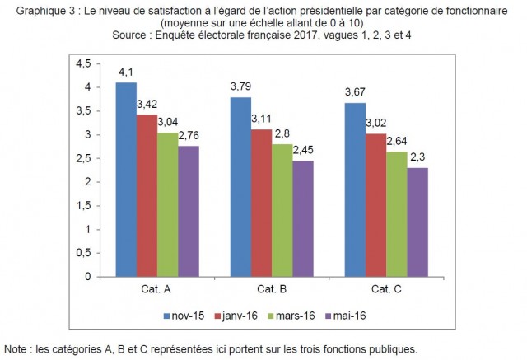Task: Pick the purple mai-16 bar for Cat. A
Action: click(189, 211)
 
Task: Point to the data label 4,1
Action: click(126, 72)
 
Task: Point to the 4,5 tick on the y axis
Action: click(82, 63)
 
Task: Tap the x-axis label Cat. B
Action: click(272, 288)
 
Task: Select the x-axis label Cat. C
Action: click(387, 288)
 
